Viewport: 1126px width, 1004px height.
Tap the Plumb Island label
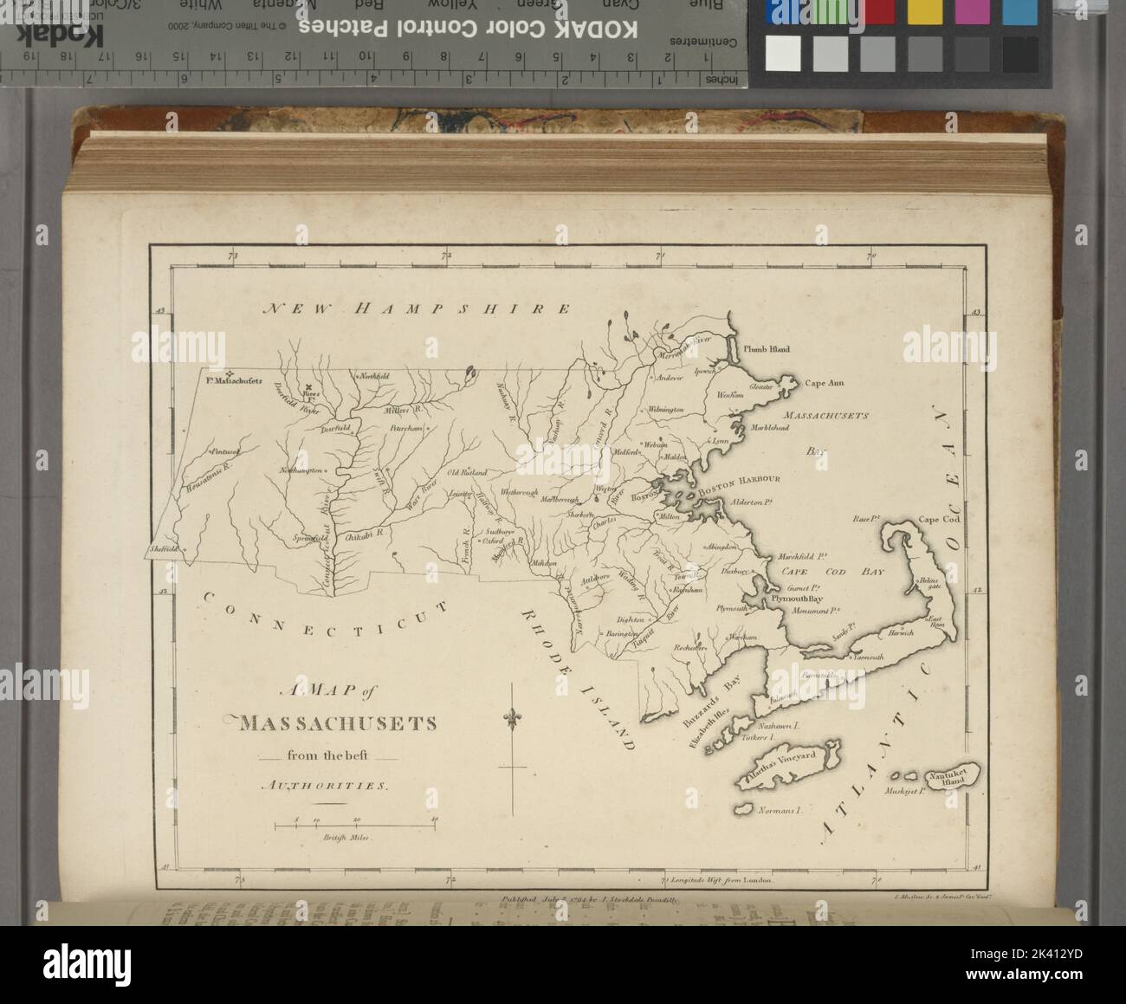[x=767, y=349]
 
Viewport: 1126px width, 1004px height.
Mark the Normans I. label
[x=781, y=813]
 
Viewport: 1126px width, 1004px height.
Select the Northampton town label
[x=301, y=470]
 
